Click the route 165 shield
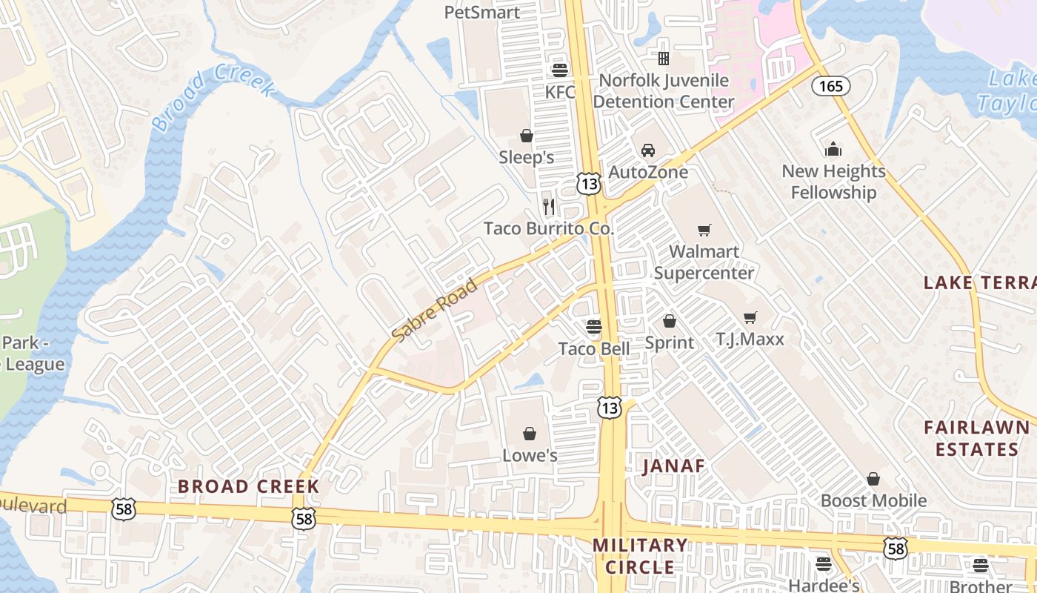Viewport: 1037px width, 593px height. [830, 86]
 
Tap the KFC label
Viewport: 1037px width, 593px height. [560, 92]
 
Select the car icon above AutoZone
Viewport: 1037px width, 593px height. [648, 150]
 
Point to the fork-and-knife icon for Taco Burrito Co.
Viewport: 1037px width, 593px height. [549, 206]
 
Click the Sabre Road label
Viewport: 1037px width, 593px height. [434, 310]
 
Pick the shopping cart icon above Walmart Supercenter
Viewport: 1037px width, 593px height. [704, 231]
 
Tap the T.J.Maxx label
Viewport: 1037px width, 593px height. [750, 339]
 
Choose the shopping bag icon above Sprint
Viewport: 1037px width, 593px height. [670, 321]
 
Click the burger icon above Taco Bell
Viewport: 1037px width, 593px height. [594, 326]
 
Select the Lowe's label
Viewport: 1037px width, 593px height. [530, 455]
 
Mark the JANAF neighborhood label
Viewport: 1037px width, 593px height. [673, 466]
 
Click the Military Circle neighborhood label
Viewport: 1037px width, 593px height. [640, 556]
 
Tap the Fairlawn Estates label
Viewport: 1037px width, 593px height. [977, 438]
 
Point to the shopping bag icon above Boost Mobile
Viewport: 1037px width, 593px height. [873, 480]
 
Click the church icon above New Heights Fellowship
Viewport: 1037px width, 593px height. [833, 150]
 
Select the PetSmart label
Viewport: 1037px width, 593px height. [482, 12]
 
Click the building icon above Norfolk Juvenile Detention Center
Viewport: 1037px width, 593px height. [664, 58]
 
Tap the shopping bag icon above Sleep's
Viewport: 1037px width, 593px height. [527, 136]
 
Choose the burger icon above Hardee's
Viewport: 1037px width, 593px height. [823, 564]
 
